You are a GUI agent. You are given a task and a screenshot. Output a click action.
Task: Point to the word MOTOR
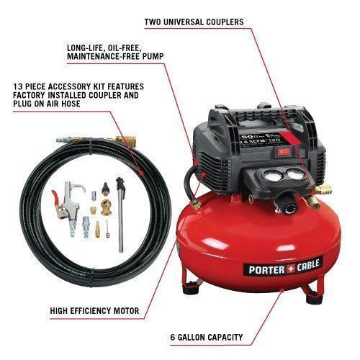point(123,312)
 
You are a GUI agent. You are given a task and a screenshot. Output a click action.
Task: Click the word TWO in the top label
point(155,22)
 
